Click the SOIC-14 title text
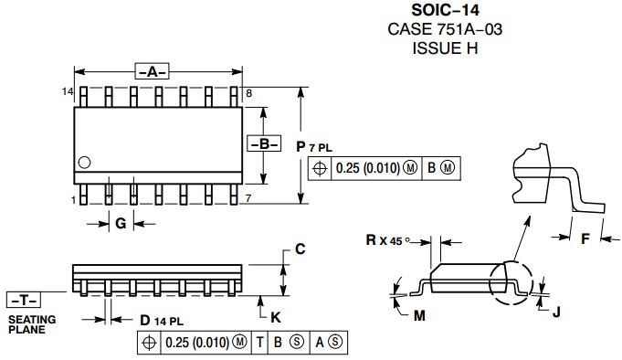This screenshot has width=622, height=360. point(445,10)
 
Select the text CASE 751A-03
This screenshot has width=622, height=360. point(445,29)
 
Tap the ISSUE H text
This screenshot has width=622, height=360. point(445,48)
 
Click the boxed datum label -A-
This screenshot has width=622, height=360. point(152,71)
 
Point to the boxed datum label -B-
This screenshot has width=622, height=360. point(264,143)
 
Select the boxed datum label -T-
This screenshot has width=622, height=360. point(24,300)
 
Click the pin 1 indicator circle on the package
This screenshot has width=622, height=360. point(84,163)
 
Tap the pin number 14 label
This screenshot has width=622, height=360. point(68,91)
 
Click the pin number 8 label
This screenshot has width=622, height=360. point(248,93)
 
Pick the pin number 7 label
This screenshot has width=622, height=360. point(248,198)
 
